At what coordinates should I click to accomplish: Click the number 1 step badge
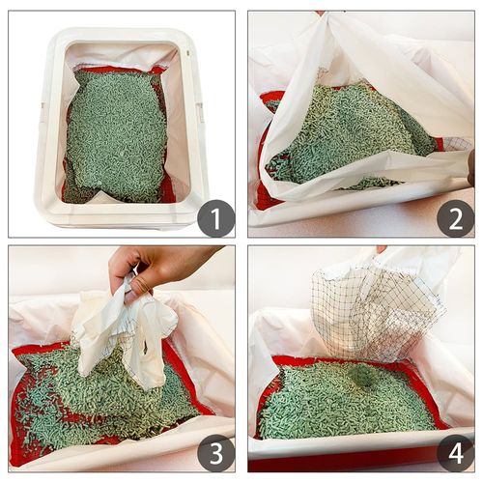pyautogui.click(x=215, y=217)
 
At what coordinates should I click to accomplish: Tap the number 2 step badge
pyautogui.click(x=455, y=217)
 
